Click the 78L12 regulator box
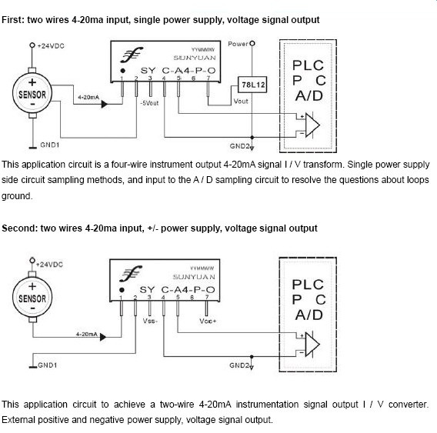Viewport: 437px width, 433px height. (252, 85)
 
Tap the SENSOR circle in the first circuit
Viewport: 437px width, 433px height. (32, 93)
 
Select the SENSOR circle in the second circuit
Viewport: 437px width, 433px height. (32, 298)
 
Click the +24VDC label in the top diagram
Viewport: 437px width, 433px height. (51, 46)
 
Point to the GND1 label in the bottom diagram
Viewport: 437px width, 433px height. (48, 365)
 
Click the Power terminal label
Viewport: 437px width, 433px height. (238, 44)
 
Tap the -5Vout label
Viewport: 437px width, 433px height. (149, 103)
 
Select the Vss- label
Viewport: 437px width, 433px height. (150, 321)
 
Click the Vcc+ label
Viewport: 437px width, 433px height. (208, 321)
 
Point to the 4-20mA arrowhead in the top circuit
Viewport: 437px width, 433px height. (104, 105)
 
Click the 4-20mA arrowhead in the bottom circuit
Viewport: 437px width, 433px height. (103, 337)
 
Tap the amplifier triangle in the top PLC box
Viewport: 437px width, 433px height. (312, 125)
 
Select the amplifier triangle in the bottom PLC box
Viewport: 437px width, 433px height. (312, 345)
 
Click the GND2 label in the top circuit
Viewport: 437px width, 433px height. (239, 146)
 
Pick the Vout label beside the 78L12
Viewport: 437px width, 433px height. (241, 102)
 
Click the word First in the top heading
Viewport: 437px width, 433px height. (13, 20)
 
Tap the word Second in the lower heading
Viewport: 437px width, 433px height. (19, 228)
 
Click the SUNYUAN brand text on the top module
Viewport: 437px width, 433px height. (195, 58)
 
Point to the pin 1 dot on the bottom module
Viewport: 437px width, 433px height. (122, 290)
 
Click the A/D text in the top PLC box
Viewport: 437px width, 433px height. (309, 96)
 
